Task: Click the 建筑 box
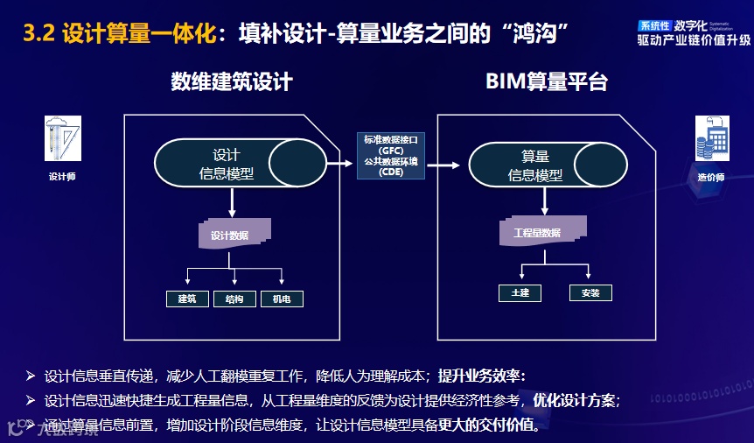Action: pos(187,299)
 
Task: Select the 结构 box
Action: pos(234,299)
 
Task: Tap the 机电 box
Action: pos(282,299)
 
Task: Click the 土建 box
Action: pos(520,292)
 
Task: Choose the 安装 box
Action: pos(590,292)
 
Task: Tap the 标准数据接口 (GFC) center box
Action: pos(391,155)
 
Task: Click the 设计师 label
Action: pos(62,176)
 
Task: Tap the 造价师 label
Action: pos(711,178)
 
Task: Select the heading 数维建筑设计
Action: pos(231,82)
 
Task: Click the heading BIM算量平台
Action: pos(547,82)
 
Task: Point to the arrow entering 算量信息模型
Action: pos(447,165)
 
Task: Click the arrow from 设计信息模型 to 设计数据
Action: pos(232,202)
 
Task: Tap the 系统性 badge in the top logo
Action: pos(654,26)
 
